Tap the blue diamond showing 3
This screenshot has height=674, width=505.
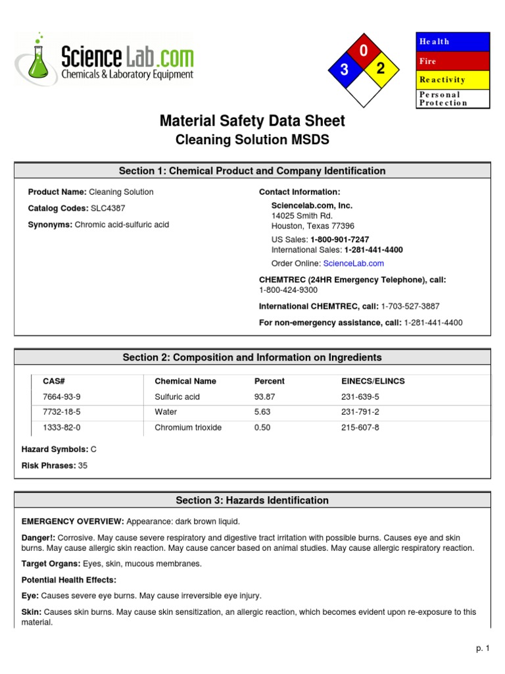[344, 70]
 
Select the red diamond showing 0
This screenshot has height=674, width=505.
[364, 51]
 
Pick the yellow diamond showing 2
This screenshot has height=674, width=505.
[381, 68]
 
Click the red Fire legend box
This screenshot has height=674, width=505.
[453, 61]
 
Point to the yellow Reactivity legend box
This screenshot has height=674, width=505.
[453, 80]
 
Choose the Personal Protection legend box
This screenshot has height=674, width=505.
[453, 99]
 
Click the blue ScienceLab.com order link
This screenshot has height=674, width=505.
[354, 263]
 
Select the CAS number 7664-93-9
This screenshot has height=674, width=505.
[62, 397]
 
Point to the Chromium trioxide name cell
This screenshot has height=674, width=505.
[188, 427]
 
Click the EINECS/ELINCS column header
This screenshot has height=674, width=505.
[369, 381]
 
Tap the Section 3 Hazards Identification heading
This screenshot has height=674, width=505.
[252, 500]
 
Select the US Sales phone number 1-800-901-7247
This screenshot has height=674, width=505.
[339, 240]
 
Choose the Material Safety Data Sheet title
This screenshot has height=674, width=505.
[252, 121]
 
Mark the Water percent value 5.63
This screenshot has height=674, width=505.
[262, 412]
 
